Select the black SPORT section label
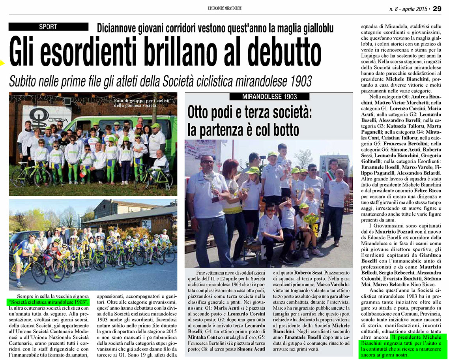(x=48, y=27)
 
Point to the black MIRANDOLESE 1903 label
(x=269, y=97)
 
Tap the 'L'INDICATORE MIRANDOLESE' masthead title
(x=224, y=8)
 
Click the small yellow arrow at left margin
(x=2, y=62)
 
